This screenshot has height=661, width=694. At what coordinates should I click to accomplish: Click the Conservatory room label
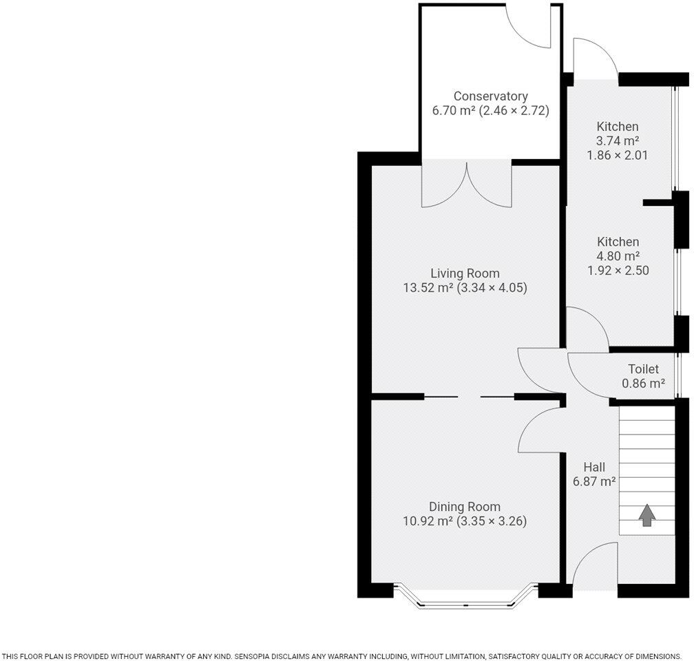(x=490, y=96)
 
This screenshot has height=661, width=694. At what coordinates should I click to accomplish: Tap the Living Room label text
(x=465, y=273)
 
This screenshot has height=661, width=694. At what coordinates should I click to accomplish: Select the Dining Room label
(x=465, y=507)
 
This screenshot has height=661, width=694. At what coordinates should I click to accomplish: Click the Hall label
(x=593, y=467)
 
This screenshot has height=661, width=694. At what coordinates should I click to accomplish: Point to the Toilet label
(x=643, y=369)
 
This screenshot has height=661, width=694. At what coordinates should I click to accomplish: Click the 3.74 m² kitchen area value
(x=618, y=140)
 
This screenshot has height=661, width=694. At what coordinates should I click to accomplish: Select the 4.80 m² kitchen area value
(x=618, y=256)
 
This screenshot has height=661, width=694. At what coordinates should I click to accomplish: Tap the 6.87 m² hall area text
(x=593, y=482)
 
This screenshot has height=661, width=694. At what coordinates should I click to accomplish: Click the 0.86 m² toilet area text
(x=643, y=384)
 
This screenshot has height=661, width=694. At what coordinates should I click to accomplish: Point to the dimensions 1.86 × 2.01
(x=618, y=155)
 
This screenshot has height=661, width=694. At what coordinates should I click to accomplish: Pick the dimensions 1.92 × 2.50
(x=618, y=271)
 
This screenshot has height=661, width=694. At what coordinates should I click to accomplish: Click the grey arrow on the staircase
(x=646, y=515)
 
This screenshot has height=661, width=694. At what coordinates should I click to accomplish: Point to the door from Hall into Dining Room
(x=541, y=430)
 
